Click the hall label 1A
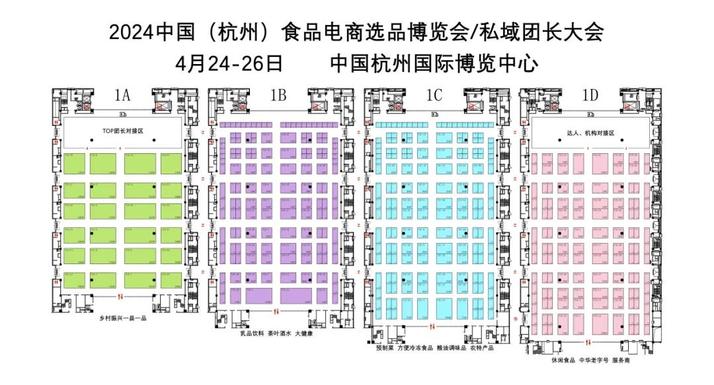click(x=122, y=96)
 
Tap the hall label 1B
click(x=278, y=96)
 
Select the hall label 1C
click(x=434, y=96)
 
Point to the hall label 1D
click(x=590, y=96)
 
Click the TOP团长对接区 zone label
click(x=119, y=131)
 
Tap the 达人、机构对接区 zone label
click(x=591, y=133)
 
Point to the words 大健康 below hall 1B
click(x=303, y=333)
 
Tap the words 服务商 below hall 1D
click(x=621, y=361)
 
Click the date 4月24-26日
click(x=230, y=64)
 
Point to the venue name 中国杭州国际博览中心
click(x=434, y=64)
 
